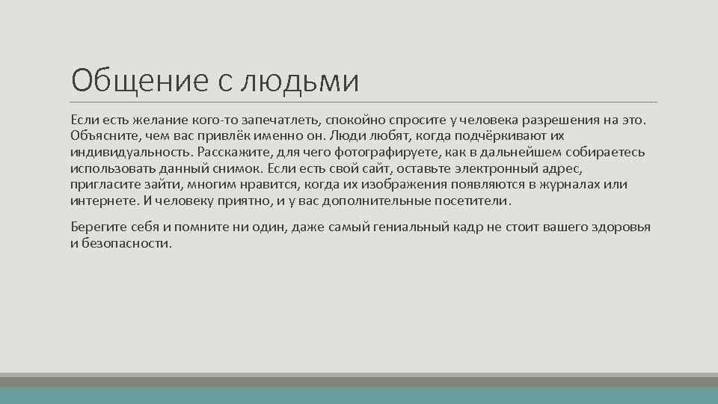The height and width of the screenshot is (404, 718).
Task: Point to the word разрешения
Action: tap(564, 120)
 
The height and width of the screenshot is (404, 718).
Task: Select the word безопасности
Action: tap(126, 244)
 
